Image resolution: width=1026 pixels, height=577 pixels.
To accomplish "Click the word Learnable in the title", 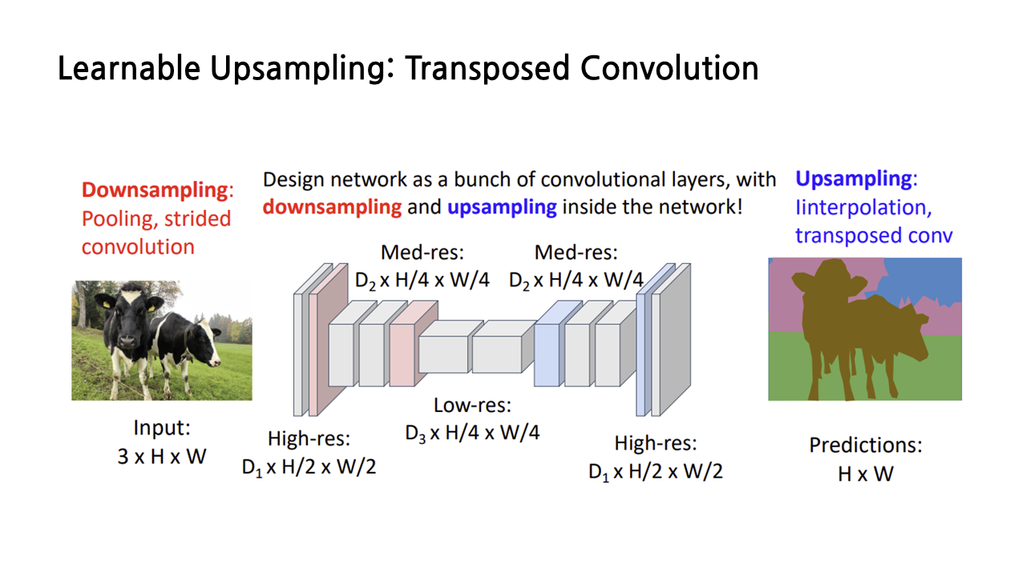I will pos(128,69).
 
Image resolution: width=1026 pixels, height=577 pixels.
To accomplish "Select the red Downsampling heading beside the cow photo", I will pos(155,191).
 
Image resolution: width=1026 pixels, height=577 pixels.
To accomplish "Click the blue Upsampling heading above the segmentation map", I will pos(853,179).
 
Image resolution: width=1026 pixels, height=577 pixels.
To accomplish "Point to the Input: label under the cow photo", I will pos(162,428).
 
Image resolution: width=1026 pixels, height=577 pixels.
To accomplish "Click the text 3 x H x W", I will pos(162,457).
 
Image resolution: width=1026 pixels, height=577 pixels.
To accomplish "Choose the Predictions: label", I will pos(866,445).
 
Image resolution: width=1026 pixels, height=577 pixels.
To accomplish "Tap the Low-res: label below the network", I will pos(472,405).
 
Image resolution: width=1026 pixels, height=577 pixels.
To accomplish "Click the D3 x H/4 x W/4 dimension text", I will pos(472,433).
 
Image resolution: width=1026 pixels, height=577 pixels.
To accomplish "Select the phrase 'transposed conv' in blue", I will pos(874,236).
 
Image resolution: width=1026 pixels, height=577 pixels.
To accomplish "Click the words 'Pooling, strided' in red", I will pos(156,219).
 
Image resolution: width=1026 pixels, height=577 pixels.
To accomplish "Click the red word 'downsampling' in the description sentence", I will pos(332,207).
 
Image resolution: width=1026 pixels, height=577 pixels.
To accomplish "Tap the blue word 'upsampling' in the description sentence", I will pos(502,207).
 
